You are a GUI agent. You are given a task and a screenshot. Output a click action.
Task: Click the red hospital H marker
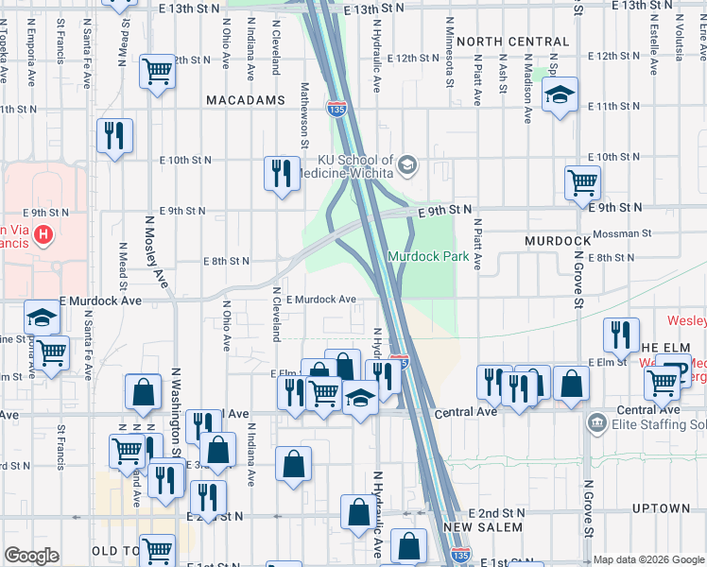pos(43,233)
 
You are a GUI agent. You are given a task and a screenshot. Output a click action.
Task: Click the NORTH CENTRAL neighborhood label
pos(512,42)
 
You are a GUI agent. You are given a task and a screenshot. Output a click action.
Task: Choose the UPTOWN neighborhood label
pos(661,508)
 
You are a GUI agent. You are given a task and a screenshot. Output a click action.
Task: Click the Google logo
pos(31,556)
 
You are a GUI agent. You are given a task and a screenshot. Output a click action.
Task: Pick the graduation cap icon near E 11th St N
pos(560,94)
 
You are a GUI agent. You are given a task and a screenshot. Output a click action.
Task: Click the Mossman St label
pos(622,232)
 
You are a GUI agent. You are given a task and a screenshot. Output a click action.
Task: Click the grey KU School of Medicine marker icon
pos(407,165)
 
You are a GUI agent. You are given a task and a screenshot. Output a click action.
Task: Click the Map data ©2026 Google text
pos(648,559)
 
